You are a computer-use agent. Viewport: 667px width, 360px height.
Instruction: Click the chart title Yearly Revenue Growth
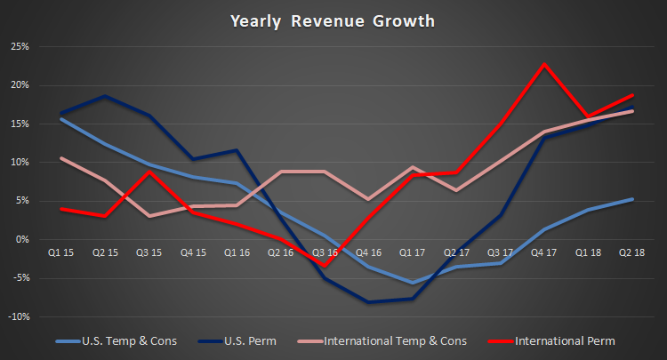tap(333, 19)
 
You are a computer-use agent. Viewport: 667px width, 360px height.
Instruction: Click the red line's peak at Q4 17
tap(544, 64)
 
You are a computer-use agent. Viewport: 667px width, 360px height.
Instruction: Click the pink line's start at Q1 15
tap(60, 158)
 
